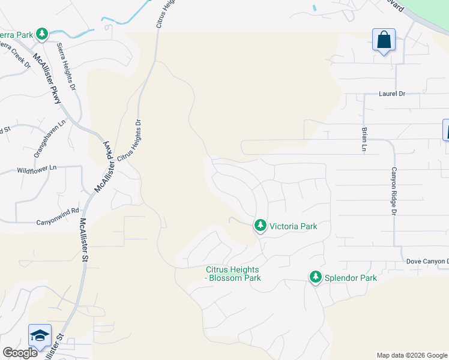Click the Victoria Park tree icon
pyautogui.click(x=260, y=226)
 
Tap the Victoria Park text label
pyautogui.click(x=293, y=226)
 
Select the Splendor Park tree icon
pyautogui.click(x=315, y=277)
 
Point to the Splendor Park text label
pyautogui.click(x=351, y=278)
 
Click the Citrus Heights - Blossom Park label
pyautogui.click(x=233, y=274)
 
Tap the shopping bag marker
pyautogui.click(x=384, y=40)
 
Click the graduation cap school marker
pyautogui.click(x=40, y=335)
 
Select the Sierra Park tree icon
pyautogui.click(x=42, y=34)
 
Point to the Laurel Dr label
pyautogui.click(x=392, y=94)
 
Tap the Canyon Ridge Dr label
pyautogui.click(x=394, y=190)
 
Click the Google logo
pyautogui.click(x=20, y=353)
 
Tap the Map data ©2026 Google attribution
pyautogui.click(x=412, y=355)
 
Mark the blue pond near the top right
pyautogui.click(x=314, y=8)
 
